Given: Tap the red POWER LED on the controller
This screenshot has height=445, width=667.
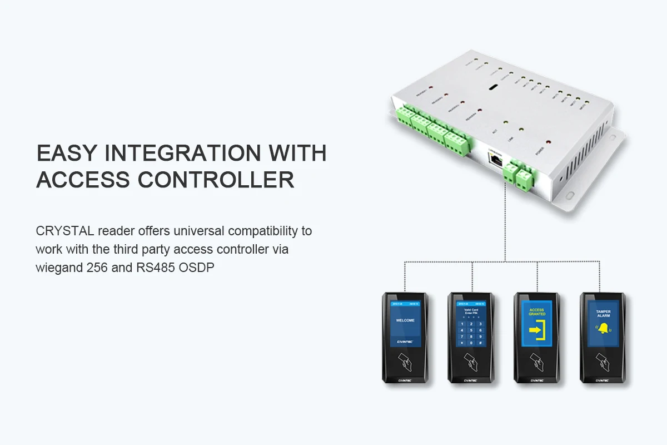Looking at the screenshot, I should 548,142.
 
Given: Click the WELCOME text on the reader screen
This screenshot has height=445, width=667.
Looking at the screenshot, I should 405,321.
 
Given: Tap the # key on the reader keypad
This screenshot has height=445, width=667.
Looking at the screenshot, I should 480,343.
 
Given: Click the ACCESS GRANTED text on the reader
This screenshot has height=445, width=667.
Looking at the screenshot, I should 537,312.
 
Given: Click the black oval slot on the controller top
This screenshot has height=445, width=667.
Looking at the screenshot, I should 493,88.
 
